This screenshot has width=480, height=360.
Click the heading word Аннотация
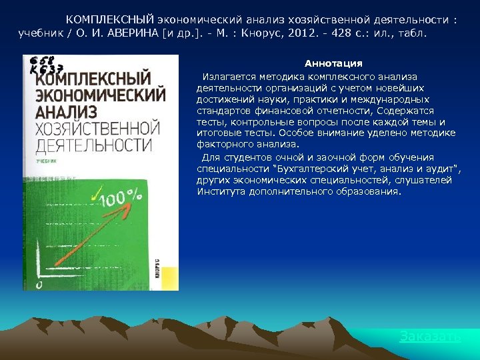pyautogui.click(x=333, y=63)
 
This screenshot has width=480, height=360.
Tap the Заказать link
pyautogui.click(x=430, y=336)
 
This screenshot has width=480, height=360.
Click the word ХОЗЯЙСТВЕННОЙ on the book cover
pyautogui.click(x=94, y=128)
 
